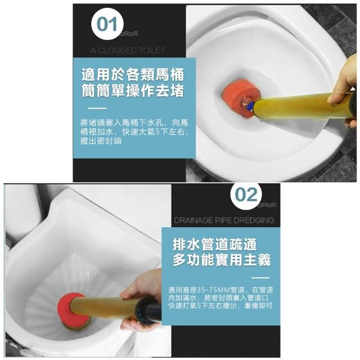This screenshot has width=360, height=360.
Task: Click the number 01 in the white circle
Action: pos(107,24)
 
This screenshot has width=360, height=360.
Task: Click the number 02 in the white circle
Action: pos(246,195)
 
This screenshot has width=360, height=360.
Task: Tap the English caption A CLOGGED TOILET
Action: pos(128,51)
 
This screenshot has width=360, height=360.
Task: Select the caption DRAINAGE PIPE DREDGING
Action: pos(224,220)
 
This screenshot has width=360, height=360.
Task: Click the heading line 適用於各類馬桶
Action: pos(133,75)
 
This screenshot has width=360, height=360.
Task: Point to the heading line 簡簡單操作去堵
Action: pos(133,91)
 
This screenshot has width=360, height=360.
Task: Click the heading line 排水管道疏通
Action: pos(214,244)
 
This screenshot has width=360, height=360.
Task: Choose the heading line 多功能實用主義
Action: pos(222,260)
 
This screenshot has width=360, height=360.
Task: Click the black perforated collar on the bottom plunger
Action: pos(143,310)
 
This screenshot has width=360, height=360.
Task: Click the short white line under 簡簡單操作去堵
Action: pos(97,109)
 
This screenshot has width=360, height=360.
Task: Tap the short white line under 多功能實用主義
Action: pos(260,278)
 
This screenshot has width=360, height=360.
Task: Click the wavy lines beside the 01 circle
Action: pos(129,34)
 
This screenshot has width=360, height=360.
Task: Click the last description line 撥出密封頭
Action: pos(101,141)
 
